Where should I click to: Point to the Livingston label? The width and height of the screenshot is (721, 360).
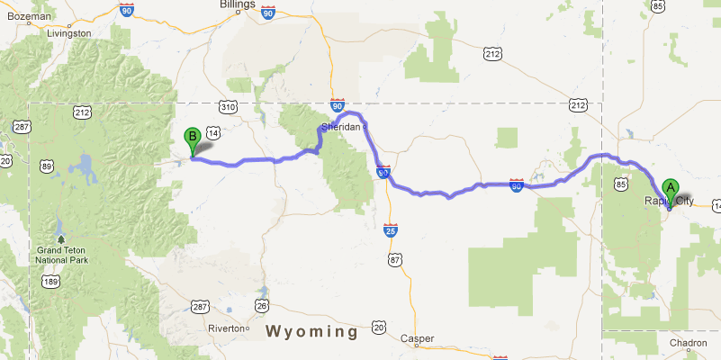point(67,33)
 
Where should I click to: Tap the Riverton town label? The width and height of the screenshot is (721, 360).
point(226,328)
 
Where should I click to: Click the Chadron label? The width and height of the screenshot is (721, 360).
point(688,343)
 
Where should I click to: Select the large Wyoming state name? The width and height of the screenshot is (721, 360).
point(311,332)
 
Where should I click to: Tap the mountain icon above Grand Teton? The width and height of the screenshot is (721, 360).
point(60,239)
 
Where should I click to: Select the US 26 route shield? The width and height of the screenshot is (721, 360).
point(261,306)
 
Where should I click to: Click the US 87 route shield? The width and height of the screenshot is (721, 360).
point(394,260)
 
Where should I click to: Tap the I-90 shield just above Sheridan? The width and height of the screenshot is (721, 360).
point(337,106)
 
